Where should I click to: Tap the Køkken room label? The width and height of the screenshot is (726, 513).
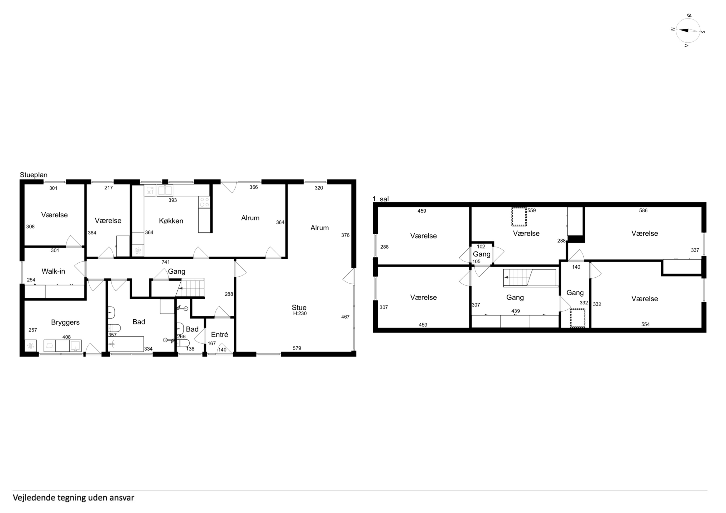(171, 221)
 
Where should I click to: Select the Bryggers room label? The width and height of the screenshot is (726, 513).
(65, 322)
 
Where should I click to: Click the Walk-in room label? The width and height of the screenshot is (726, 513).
(53, 271)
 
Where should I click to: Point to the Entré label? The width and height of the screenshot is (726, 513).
(219, 334)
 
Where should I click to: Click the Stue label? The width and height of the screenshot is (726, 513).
(299, 308)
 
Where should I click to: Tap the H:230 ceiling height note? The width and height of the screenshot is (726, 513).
(300, 313)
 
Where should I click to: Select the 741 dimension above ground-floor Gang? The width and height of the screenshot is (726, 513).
(166, 262)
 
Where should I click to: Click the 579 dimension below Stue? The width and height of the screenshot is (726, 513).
(297, 348)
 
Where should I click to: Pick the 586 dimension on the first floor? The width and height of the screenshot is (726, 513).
(644, 210)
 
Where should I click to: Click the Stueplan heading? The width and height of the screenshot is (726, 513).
(34, 175)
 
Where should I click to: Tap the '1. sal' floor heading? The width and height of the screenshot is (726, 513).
(381, 199)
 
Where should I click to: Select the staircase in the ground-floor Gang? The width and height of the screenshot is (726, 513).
(190, 287)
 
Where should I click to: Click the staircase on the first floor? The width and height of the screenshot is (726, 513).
(530, 278)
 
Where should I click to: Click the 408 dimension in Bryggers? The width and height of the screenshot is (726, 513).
(66, 337)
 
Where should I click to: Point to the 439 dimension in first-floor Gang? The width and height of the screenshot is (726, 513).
(515, 311)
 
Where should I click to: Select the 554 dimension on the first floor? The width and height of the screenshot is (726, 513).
(645, 324)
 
